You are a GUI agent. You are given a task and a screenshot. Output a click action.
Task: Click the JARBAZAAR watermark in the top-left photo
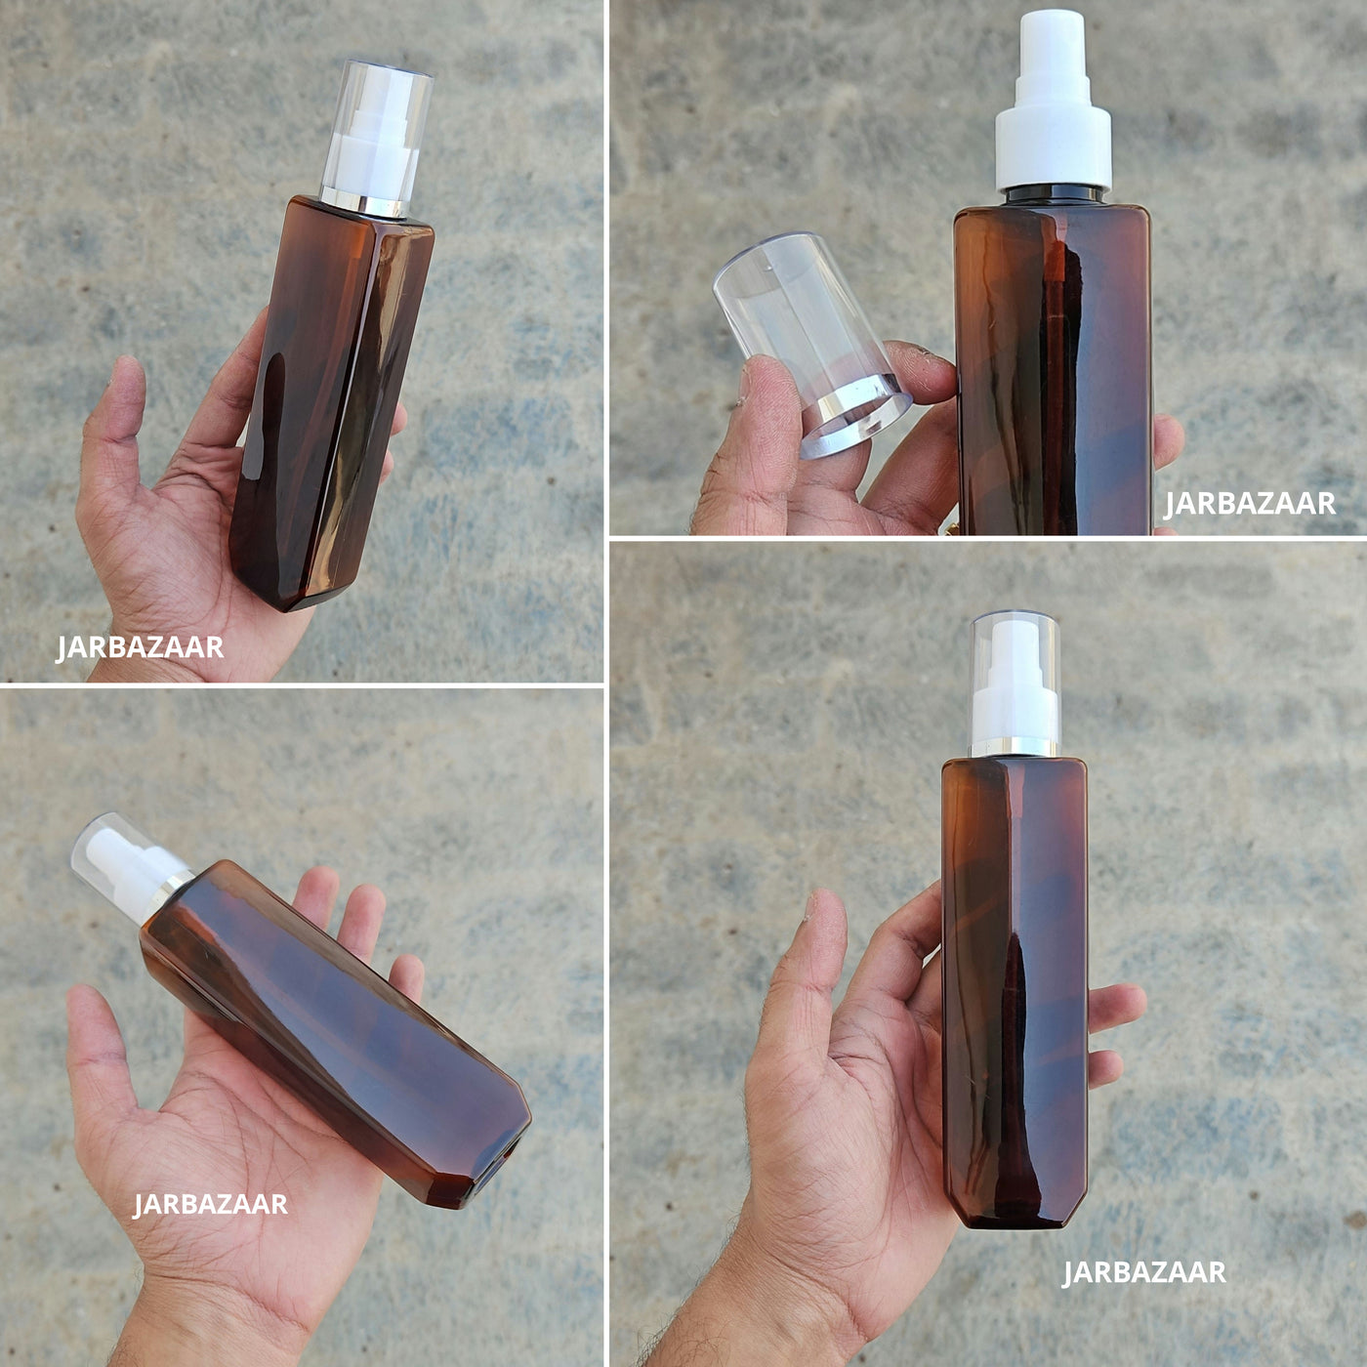140,647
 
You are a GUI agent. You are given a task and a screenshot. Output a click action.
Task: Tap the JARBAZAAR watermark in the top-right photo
1250,504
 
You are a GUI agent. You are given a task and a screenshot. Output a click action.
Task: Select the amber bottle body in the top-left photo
332,404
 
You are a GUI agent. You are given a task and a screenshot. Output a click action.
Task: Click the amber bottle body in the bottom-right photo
1015,993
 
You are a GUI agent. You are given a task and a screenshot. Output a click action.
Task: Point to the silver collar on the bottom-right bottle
1015,747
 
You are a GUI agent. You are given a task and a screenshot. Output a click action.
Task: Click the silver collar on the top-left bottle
363,203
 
